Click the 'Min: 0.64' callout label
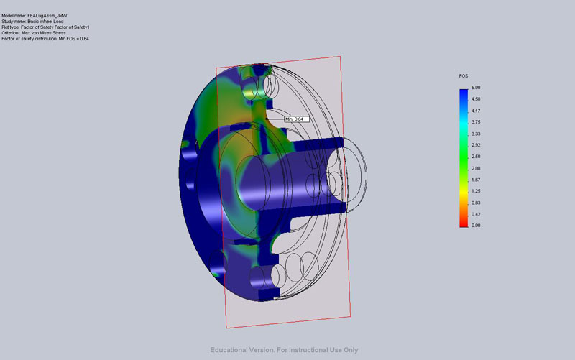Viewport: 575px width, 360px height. pos(297,119)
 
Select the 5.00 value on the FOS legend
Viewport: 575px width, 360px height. pos(476,88)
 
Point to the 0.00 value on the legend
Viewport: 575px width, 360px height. pos(476,226)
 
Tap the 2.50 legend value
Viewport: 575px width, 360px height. pos(476,157)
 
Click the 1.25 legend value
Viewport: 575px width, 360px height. pos(476,191)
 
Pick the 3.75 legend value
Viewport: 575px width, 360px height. pos(476,122)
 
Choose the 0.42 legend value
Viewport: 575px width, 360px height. pos(476,214)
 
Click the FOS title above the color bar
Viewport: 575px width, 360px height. pos(464,76)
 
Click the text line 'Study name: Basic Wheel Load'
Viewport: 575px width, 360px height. pos(32,22)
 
